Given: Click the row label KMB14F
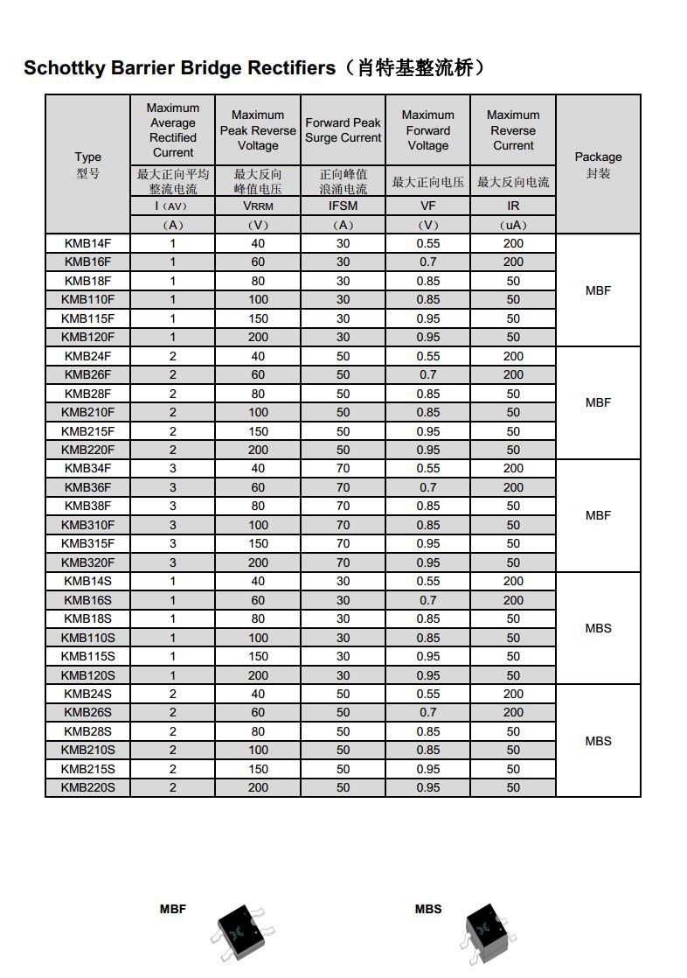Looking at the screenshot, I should tap(87, 243).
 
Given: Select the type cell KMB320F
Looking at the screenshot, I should tap(87, 562).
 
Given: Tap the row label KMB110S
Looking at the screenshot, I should tap(87, 638).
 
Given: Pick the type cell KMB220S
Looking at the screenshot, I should tap(87, 787).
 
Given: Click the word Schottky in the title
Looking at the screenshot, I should tap(64, 68).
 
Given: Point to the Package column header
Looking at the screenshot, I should tap(598, 164).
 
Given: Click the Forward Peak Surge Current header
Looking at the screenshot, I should tap(343, 130).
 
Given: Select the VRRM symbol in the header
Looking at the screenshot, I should tap(258, 206).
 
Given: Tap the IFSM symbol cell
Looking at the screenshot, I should tap(343, 206).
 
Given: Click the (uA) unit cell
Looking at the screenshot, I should tap(513, 225).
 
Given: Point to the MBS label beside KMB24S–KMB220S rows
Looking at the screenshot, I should tap(598, 741).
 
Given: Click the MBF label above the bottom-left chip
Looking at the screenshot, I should tap(173, 909).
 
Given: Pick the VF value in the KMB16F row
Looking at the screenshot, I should tap(428, 262).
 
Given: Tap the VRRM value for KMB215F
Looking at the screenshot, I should tap(258, 431).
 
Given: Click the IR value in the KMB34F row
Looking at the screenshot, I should tap(513, 468).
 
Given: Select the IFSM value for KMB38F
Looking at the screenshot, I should tap(343, 506).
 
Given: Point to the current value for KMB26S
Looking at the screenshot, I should tap(173, 712).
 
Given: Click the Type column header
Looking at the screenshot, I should tap(87, 164).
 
